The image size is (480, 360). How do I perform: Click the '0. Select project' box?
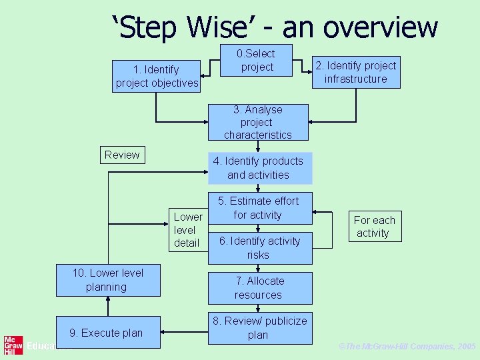tap(257, 61)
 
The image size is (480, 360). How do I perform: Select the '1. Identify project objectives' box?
tap(157, 76)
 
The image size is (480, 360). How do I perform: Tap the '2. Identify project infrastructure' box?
tap(356, 72)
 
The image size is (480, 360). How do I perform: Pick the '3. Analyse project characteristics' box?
tap(258, 122)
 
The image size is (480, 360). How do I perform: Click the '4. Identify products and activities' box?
tap(259, 168)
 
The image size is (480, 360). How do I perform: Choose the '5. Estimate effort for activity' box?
tap(259, 208)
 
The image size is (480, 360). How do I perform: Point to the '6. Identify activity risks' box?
tap(259, 247)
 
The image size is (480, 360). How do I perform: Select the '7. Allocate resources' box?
tap(259, 288)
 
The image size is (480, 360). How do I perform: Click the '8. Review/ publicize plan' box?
tap(259, 327)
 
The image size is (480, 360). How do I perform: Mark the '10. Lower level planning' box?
tap(107, 280)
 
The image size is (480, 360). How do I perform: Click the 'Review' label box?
tap(121, 155)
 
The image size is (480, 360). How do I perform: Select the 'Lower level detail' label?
tap(187, 230)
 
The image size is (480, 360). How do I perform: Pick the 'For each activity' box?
tap(374, 227)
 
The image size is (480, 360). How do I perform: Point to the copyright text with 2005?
tap(407, 347)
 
